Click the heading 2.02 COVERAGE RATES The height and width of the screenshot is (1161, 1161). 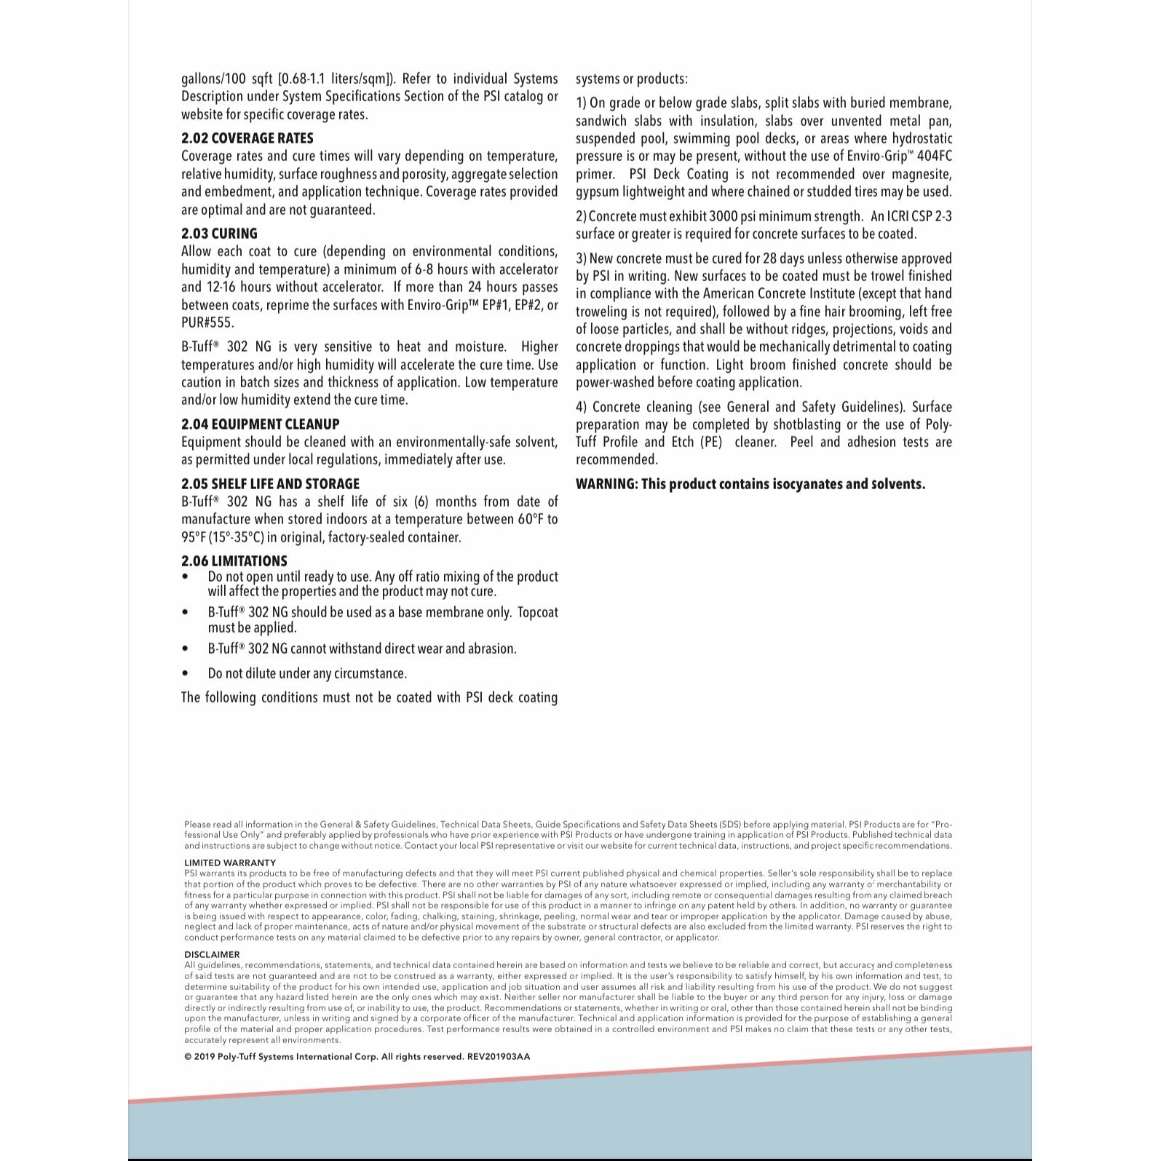tap(247, 138)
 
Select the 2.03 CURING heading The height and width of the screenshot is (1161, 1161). tap(219, 234)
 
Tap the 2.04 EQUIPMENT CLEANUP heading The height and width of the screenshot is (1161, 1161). tap(260, 424)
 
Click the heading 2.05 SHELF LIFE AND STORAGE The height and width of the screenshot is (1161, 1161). tap(270, 484)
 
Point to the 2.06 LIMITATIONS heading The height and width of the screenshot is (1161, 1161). tap(234, 561)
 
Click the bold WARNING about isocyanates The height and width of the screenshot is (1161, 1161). tap(750, 485)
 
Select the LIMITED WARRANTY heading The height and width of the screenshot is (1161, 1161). tap(230, 863)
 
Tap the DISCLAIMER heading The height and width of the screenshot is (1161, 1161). tap(212, 954)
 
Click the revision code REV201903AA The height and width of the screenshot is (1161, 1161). tap(499, 1056)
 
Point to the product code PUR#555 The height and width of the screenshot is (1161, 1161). tap(207, 322)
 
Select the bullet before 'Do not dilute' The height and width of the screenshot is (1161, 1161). tap(186, 674)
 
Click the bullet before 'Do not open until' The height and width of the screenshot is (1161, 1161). tap(186, 577)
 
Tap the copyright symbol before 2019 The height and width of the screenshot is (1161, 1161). tap(188, 1056)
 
